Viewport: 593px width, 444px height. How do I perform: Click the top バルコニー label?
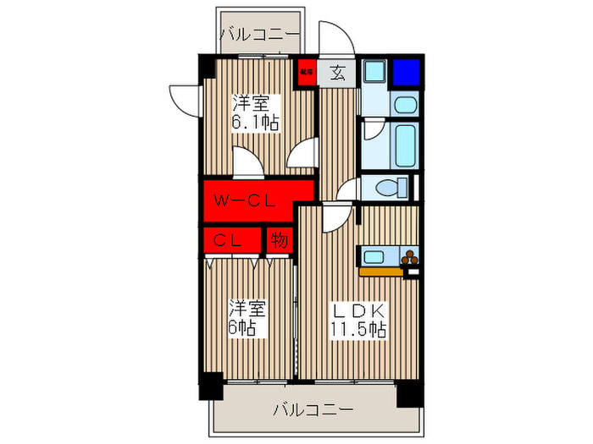[259, 35]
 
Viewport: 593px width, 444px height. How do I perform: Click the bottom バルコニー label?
[313, 410]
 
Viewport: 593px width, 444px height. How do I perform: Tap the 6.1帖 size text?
[258, 121]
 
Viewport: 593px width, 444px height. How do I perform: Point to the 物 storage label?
[279, 240]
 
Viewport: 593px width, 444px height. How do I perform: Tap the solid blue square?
[405, 72]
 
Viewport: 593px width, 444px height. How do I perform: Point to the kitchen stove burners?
[409, 257]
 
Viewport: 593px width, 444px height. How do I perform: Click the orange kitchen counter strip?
[381, 272]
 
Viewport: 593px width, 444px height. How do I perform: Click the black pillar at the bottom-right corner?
[410, 392]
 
